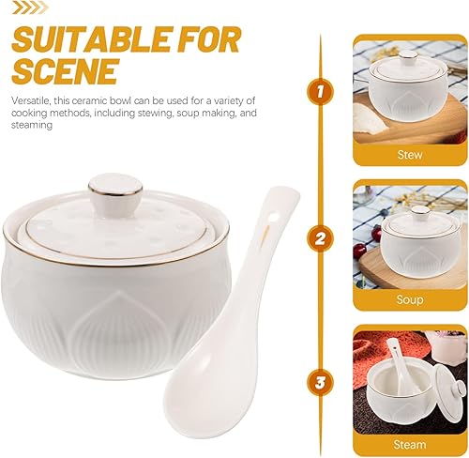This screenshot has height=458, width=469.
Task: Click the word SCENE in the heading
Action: tap(64, 72)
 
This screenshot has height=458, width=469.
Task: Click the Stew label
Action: tap(409, 155)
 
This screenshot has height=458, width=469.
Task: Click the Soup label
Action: tap(409, 299)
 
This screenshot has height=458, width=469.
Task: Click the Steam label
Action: tap(409, 444)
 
